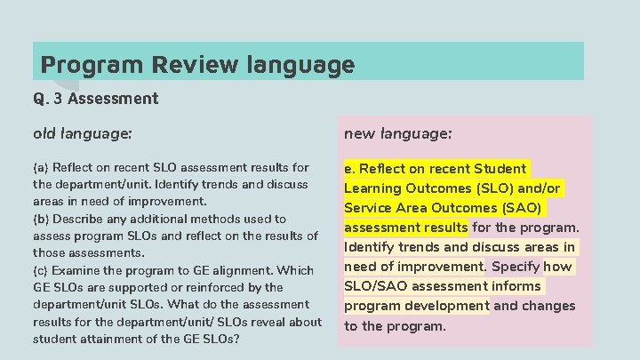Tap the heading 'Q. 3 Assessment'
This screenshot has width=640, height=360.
coord(95,99)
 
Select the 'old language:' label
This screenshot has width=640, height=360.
coord(82,133)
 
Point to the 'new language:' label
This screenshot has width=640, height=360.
coord(397,133)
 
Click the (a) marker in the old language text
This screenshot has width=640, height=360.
coord(41,167)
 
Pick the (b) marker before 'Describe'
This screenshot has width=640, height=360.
coord(41,219)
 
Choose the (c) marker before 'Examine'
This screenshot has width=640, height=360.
coord(41,270)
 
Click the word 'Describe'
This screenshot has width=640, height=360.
coord(80,219)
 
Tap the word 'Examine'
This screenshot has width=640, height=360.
coord(78,270)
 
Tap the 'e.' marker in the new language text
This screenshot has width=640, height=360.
coord(350,169)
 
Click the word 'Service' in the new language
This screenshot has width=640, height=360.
coord(372,208)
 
